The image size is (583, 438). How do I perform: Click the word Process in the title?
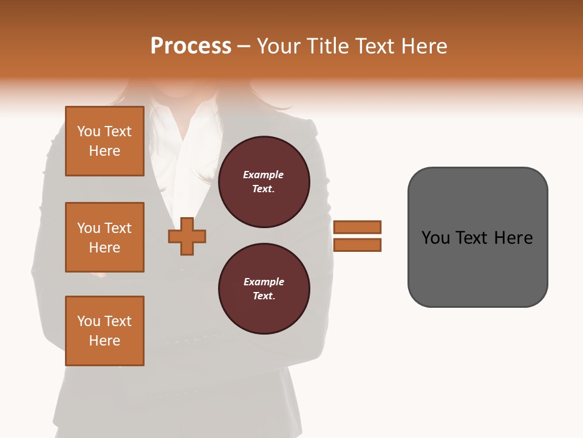[191, 46]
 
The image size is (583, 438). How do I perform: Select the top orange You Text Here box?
[104, 141]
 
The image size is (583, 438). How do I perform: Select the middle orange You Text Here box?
[104, 237]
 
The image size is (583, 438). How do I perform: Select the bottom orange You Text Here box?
[104, 331]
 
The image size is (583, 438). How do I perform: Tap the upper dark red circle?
[264, 182]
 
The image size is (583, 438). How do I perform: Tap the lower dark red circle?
[264, 289]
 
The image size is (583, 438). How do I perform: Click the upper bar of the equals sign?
[357, 227]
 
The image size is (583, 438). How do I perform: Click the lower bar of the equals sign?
[357, 245]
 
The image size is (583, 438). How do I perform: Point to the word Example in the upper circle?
[263, 175]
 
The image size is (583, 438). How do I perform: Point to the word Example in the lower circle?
[263, 282]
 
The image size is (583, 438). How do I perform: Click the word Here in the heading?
[424, 46]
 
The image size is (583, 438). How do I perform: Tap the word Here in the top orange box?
[104, 151]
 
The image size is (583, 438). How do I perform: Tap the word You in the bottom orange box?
[89, 321]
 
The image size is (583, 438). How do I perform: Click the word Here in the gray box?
[513, 238]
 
